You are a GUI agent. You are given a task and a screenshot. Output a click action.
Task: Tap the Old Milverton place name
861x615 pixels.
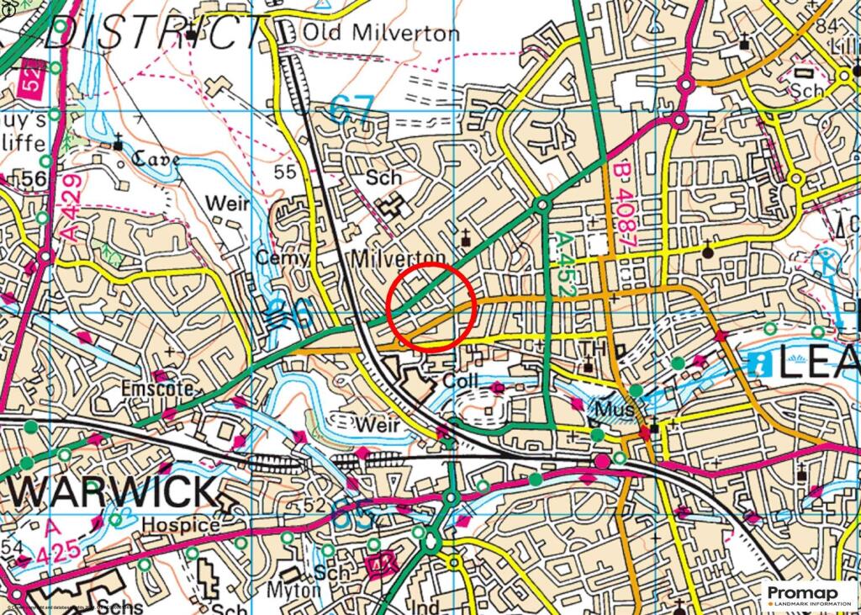[381, 34]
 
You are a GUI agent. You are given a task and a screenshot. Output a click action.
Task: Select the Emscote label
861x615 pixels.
[158, 390]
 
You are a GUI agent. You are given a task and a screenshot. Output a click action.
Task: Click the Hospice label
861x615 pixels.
[180, 524]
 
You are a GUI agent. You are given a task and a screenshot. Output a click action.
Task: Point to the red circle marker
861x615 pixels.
[433, 305]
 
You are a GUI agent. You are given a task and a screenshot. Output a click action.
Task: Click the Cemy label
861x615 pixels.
[283, 258]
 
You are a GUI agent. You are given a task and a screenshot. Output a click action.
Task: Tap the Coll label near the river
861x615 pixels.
[460, 380]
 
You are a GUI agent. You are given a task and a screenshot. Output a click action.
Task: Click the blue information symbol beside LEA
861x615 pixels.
[759, 363]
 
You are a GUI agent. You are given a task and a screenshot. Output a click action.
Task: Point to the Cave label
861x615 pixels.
[154, 158]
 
